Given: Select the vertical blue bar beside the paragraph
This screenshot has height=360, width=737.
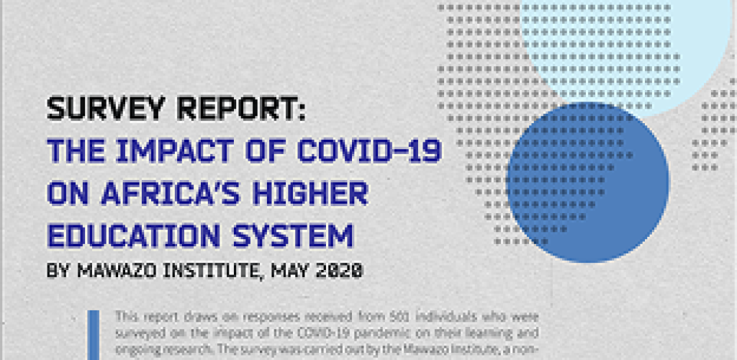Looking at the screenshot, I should click(93, 335).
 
